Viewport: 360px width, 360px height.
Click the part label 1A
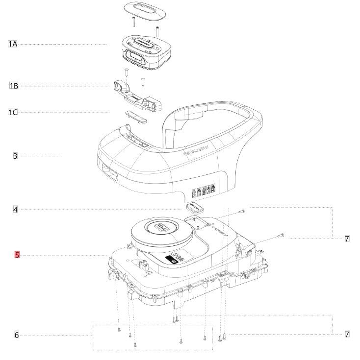click(13, 44)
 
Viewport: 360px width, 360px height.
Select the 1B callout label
click(14, 86)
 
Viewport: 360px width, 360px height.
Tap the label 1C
click(13, 112)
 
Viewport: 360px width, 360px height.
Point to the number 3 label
click(15, 156)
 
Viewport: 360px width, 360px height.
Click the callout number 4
click(15, 210)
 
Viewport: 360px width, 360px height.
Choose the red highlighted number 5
click(17, 255)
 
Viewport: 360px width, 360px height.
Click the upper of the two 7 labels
click(347, 239)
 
